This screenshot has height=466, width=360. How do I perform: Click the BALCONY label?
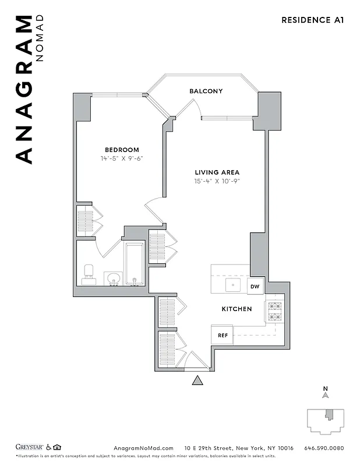(206, 91)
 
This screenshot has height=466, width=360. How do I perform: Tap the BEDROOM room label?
(122, 150)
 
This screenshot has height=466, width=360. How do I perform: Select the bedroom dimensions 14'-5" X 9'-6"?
(122, 158)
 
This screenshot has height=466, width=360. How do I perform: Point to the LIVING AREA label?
(217, 172)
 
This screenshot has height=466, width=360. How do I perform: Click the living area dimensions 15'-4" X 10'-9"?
(217, 181)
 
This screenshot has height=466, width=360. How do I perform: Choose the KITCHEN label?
(237, 309)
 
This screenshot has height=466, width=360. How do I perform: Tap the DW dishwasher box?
(255, 286)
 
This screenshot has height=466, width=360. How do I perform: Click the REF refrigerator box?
(223, 335)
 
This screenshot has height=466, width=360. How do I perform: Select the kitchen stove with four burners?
(274, 312)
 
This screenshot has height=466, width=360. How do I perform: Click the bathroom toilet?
(89, 274)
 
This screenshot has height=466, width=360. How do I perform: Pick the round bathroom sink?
(113, 278)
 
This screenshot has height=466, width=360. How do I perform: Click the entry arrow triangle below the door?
(198, 380)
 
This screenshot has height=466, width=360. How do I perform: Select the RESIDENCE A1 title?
(313, 20)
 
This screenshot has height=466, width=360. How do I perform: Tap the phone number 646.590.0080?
(324, 448)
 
